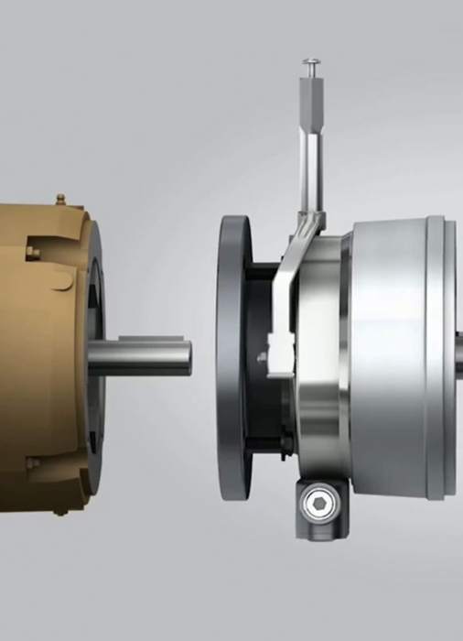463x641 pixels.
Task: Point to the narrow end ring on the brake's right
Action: (436, 357)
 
